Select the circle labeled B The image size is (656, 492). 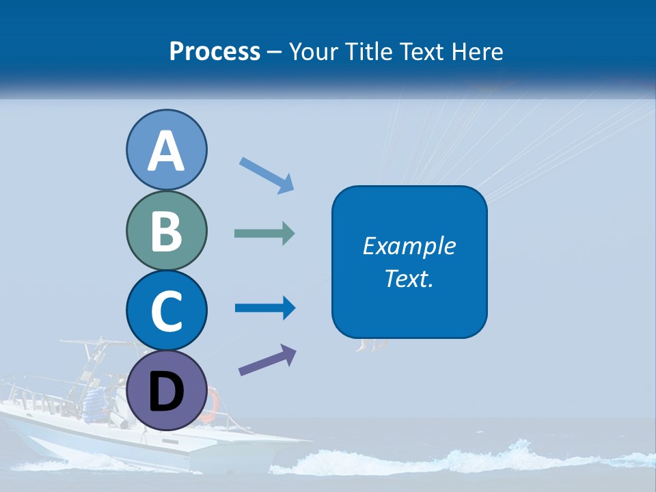(x=166, y=231)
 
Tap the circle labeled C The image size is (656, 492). (x=166, y=311)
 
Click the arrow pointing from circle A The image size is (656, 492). (x=267, y=174)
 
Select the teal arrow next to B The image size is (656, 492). (x=264, y=234)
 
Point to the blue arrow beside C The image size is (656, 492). (x=265, y=308)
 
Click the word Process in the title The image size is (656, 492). (x=215, y=52)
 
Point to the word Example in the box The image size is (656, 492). (x=409, y=246)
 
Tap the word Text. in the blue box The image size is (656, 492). (x=409, y=279)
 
